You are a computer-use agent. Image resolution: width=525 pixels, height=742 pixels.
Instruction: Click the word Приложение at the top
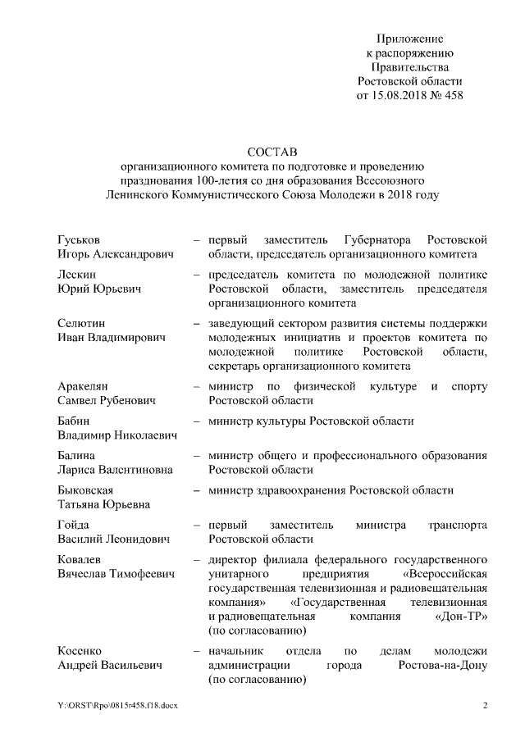(410, 39)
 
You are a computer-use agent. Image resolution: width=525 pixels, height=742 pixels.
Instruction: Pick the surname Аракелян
(84, 386)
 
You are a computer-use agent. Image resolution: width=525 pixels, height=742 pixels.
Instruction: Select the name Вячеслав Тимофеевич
(116, 574)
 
